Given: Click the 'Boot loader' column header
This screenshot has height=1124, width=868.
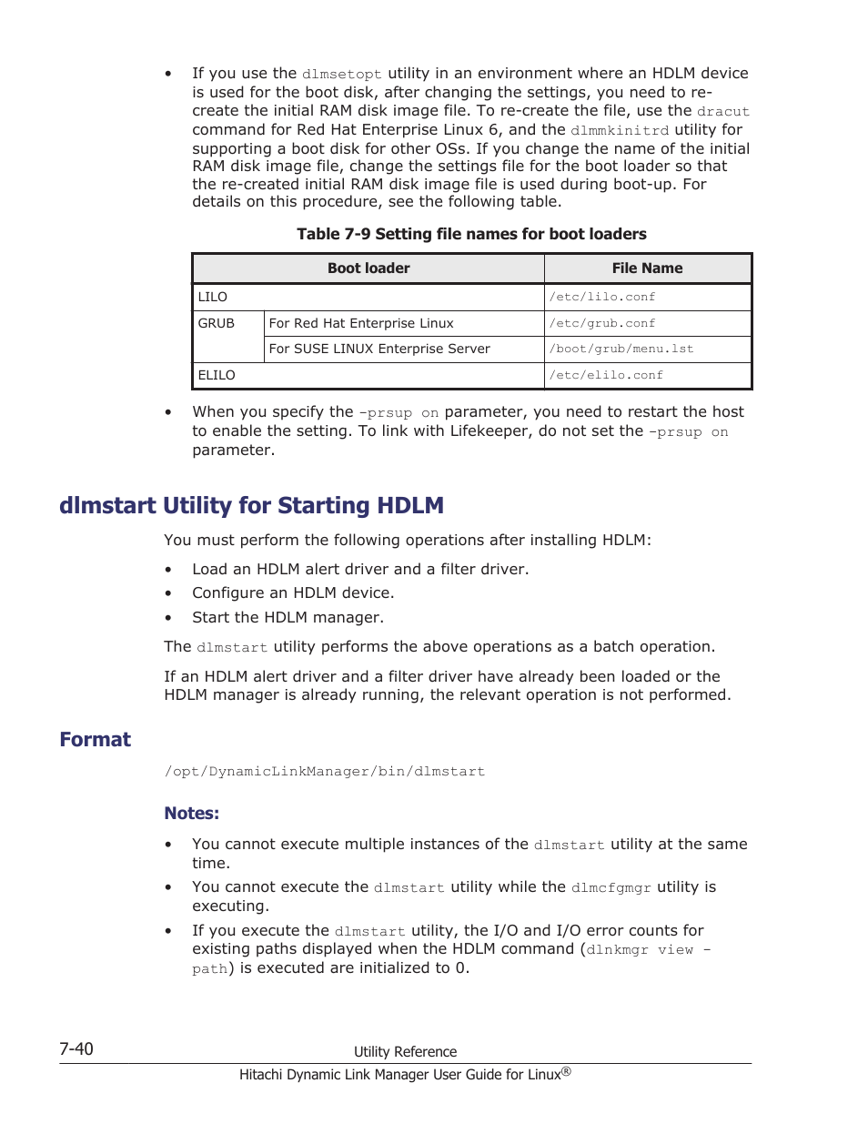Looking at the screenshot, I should coord(368,268).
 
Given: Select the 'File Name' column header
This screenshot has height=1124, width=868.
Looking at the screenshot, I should coord(647,268).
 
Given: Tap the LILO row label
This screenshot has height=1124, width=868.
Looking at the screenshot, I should coord(213,297).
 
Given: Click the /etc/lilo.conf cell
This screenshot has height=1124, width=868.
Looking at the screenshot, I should coord(602,298).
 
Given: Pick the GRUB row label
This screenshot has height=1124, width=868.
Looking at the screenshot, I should coord(217,323).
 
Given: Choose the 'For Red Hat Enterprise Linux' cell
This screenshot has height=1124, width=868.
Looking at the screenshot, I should coord(361,323).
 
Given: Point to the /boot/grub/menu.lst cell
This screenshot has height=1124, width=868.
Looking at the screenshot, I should coord(621,349).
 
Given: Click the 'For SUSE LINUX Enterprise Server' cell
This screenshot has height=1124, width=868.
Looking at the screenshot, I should coord(379,349).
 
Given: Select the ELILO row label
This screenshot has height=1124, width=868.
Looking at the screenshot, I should coord(217,375).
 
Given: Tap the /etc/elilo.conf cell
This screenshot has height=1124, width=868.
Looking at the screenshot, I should coord(606,375).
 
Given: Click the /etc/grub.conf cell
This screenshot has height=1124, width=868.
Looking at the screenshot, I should coord(602,323).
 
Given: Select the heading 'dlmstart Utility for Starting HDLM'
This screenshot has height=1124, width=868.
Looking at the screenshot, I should coord(251,505).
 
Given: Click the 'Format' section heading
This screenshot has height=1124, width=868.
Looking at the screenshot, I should coord(96,739).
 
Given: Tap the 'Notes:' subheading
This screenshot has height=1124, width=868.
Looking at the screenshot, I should coord(191,813).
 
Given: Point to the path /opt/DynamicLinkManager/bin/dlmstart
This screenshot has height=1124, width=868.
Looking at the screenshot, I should coord(325,772).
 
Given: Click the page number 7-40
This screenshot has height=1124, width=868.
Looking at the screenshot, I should coord(76,1048).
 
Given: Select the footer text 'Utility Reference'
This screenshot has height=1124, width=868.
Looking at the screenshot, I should coord(405,1051).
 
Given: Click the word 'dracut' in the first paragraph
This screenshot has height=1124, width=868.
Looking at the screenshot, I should coord(723,112).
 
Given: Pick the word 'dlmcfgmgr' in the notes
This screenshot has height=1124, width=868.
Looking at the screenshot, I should coord(611,887).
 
